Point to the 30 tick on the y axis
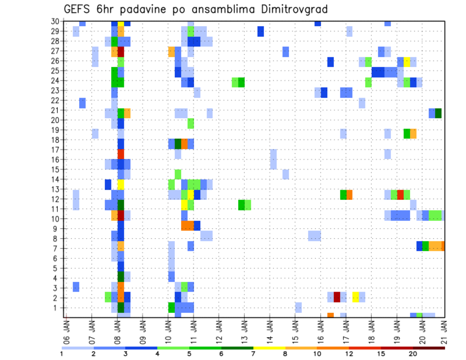click(56, 21)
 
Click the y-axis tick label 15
click(56, 169)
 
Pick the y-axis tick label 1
click(58, 308)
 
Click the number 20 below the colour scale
click(413, 354)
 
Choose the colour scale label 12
click(349, 354)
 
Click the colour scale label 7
click(253, 354)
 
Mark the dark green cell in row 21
click(438, 113)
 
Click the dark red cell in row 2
click(337, 297)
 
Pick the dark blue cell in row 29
click(261, 31)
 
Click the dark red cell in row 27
click(121, 51)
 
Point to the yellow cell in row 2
click(356, 297)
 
